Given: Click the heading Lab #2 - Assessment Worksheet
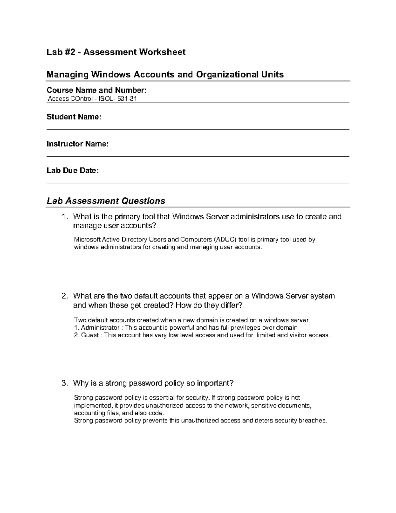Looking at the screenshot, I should coord(116,52).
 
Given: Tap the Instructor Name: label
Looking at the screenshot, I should coord(77,144).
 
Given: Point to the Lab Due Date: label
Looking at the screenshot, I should coord(73,171).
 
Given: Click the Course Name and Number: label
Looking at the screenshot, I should coord(96,90).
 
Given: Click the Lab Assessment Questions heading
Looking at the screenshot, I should coord(106,201).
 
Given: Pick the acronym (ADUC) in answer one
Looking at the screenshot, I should coord(225,239).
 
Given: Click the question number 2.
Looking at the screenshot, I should coord(64,296).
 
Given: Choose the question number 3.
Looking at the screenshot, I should coord(64,383).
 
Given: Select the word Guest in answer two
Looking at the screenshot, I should coord(90,335).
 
